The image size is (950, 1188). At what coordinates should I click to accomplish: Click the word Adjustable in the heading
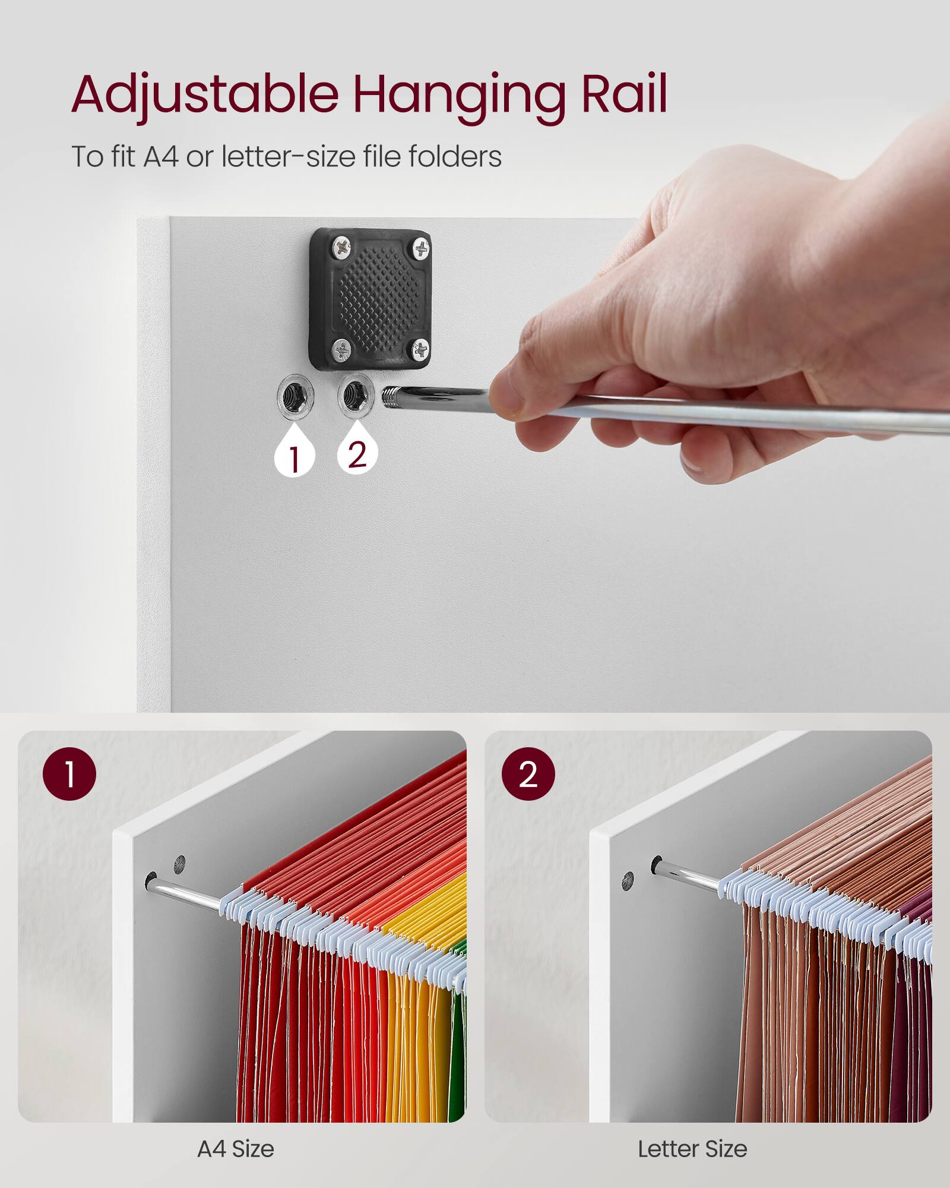pos(205,95)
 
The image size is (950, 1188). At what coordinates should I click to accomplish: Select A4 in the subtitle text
pos(160,157)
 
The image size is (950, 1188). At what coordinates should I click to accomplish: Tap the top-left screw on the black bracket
pos(341,247)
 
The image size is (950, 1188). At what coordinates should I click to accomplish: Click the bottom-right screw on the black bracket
pos(420,350)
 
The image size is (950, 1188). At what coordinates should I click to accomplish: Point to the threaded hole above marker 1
pos(295,394)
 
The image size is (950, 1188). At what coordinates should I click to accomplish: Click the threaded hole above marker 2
pos(356,392)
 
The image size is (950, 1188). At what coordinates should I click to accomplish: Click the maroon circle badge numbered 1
pos(69,774)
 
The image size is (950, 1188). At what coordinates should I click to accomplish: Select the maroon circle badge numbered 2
pos(528,774)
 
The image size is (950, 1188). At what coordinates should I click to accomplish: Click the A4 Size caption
pos(236,1149)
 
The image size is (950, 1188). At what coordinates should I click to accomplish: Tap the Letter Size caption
pos(692,1149)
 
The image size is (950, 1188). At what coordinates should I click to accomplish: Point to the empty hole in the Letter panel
pos(627,881)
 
